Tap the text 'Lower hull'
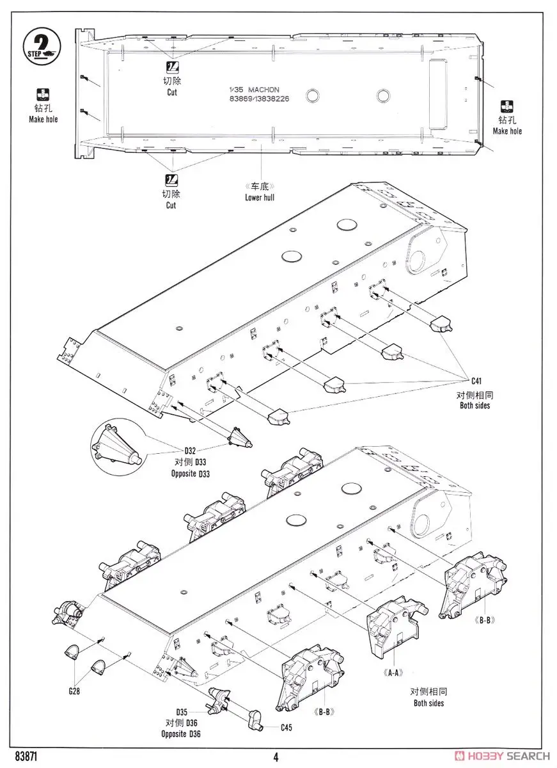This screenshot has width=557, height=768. [x=259, y=197]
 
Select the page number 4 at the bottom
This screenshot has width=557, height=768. [x=276, y=757]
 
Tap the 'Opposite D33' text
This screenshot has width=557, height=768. [x=191, y=474]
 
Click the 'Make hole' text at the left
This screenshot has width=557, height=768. [x=43, y=120]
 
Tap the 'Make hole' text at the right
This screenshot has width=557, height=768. [x=507, y=131]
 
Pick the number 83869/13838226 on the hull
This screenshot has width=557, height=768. [x=262, y=99]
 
